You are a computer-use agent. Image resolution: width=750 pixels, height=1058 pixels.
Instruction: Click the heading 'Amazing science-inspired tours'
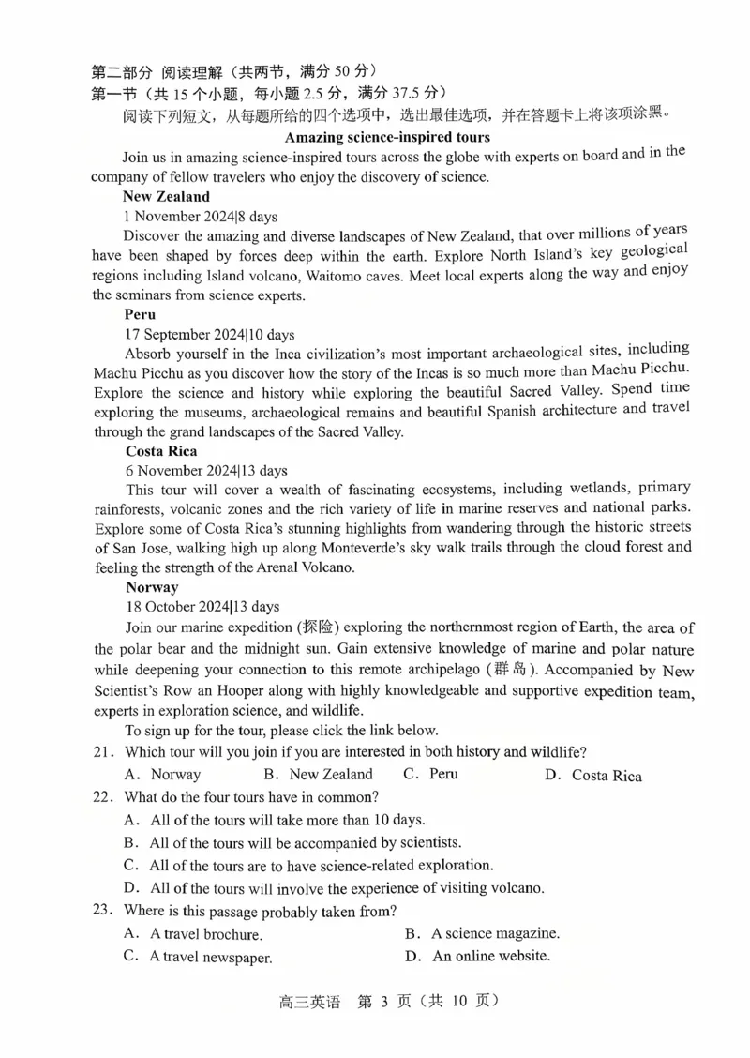(387, 137)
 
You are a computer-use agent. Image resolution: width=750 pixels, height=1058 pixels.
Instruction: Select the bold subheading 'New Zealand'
(166, 197)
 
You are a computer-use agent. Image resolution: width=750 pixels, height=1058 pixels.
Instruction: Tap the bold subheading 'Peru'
(140, 314)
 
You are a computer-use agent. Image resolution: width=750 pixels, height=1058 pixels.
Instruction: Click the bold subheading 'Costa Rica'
(161, 451)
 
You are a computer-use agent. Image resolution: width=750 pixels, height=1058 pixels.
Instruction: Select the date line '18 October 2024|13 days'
(202, 607)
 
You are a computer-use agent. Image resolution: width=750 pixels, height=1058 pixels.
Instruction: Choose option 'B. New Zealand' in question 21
(319, 775)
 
